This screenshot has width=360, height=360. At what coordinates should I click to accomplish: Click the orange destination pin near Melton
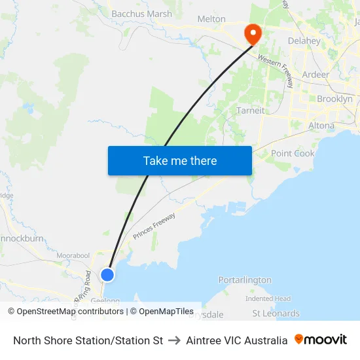point(252,33)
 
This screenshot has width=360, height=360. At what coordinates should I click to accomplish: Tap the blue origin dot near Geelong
point(107,275)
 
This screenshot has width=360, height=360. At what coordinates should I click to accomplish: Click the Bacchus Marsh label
point(141,14)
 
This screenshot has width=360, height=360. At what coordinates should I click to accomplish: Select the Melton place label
point(211,20)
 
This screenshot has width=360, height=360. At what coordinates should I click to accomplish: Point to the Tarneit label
point(251,111)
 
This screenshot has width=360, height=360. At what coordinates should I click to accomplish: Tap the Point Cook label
point(293,153)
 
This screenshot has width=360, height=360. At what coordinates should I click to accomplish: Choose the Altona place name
point(321,125)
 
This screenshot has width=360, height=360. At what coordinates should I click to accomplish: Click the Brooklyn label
point(334,99)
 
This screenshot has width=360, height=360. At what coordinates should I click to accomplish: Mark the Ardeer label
point(315,75)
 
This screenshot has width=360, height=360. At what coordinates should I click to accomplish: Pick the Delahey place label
point(304,41)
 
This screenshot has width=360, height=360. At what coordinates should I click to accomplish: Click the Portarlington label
point(245,280)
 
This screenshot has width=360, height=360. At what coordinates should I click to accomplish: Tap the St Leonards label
point(276,314)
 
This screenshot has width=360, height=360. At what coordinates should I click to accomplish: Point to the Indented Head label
point(268,298)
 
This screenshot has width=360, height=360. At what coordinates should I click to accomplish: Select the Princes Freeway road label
point(154,226)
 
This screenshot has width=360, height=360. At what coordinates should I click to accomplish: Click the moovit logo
point(321,340)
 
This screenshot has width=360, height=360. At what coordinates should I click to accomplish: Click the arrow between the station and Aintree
point(174,340)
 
